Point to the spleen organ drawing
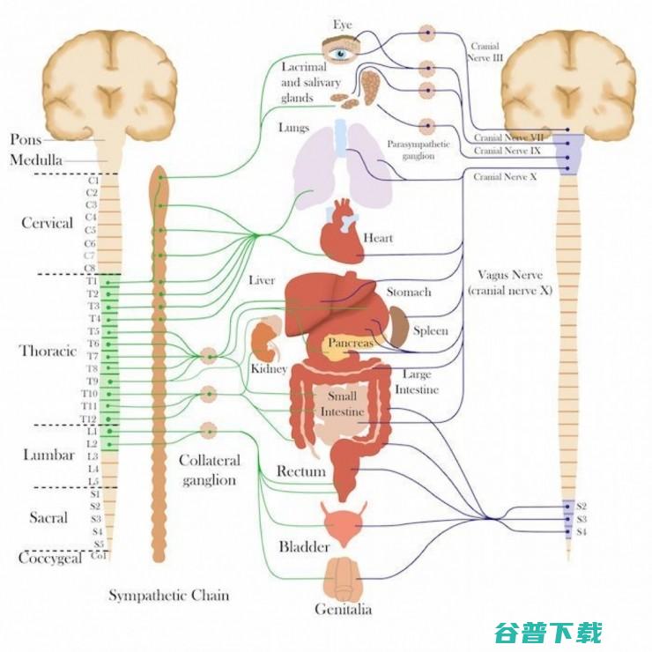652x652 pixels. (399, 327)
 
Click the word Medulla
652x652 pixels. (37, 160)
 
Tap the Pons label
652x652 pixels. (26, 139)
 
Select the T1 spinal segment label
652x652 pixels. (93, 281)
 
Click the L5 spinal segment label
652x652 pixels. (93, 482)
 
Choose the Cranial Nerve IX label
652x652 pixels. (508, 151)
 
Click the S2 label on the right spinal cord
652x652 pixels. (582, 507)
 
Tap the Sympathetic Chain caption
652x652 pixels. (168, 596)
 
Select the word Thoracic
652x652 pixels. (48, 351)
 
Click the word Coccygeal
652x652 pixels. (50, 559)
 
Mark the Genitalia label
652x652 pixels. (344, 609)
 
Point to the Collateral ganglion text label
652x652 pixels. (209, 470)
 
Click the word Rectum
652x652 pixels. (301, 471)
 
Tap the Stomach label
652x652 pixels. (409, 292)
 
